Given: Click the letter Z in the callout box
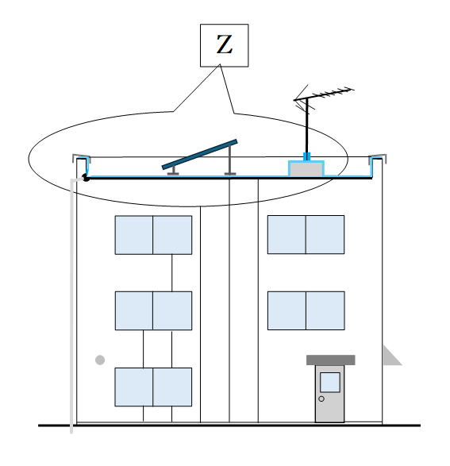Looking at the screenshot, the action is (x=225, y=44).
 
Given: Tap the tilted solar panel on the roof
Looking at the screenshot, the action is (x=200, y=155).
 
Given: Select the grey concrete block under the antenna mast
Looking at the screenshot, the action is (x=306, y=169).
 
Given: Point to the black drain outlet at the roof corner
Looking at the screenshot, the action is (x=86, y=178).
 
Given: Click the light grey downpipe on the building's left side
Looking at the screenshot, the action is (x=71, y=306).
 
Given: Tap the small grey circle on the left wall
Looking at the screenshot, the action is (x=100, y=360).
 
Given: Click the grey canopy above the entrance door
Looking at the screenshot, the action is (x=331, y=360).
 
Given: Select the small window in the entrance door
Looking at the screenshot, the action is (x=330, y=382).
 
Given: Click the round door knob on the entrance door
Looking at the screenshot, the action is (x=321, y=399).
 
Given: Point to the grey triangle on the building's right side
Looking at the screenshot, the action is (x=390, y=356).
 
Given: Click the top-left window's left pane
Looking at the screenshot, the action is (x=134, y=235).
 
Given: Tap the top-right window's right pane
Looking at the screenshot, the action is (x=325, y=235).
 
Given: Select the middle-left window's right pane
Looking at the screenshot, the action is (x=172, y=310).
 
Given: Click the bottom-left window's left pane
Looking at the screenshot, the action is (x=134, y=387).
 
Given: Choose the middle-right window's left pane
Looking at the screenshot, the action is (x=287, y=310).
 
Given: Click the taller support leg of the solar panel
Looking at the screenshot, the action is (x=230, y=160).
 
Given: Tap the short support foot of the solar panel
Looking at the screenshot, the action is (x=173, y=171).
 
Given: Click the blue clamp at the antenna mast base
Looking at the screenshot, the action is (x=306, y=156).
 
